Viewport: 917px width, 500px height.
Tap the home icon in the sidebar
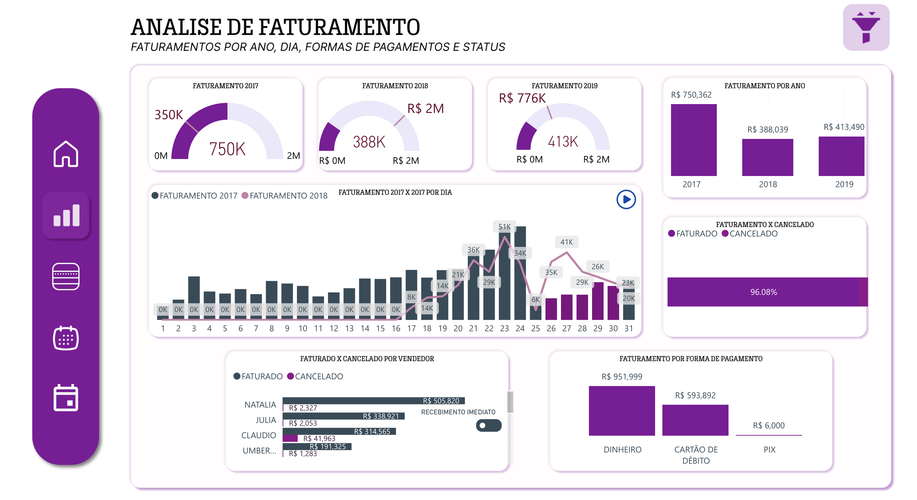pos(66,154)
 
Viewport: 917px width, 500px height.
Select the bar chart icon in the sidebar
pos(66,215)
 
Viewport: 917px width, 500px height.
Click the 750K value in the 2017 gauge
pos(227,149)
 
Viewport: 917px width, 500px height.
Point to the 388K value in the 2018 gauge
pos(369,142)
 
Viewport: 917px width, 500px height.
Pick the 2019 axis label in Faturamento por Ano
pos(844,184)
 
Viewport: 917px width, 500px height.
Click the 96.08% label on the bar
pos(763,292)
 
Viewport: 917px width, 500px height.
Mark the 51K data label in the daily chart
pos(504,227)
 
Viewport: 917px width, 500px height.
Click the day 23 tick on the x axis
pos(504,328)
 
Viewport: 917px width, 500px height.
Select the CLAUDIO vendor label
pos(259,435)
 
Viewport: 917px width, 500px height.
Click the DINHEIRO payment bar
pos(622,410)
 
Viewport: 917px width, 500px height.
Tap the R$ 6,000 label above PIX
pos(769,425)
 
